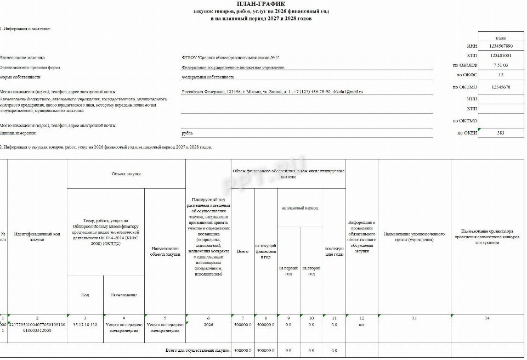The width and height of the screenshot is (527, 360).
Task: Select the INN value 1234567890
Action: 501,46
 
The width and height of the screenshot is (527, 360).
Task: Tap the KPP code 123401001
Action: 501,55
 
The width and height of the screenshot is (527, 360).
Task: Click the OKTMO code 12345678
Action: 501,87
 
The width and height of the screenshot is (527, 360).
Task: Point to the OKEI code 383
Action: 501,133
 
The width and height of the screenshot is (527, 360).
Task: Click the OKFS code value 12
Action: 501,75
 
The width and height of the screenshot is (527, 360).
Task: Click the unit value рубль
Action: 187,133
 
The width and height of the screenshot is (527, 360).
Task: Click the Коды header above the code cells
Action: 501,38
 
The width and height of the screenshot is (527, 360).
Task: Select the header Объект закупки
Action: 126,173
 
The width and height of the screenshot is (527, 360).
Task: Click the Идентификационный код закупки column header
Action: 37,237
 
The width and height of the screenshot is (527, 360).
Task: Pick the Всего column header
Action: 242,251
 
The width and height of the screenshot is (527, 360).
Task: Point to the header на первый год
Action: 288,270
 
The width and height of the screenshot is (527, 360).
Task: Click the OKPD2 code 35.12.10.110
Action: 85,325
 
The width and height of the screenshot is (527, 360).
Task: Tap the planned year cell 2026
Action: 208,325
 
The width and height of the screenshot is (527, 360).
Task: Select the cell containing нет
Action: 361,325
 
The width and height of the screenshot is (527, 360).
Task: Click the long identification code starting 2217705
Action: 37,328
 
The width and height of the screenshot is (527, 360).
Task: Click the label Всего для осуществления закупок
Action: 197,350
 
